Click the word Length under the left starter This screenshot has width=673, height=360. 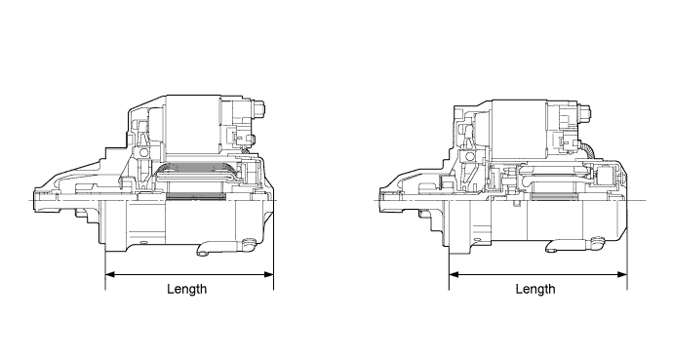186,289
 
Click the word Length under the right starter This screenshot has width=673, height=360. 535,289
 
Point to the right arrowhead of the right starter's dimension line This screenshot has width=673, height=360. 621,274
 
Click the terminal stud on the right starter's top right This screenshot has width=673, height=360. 588,113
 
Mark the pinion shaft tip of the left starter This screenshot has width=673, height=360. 37,199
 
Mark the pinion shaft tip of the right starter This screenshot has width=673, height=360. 381,199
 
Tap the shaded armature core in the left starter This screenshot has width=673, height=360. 195,199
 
